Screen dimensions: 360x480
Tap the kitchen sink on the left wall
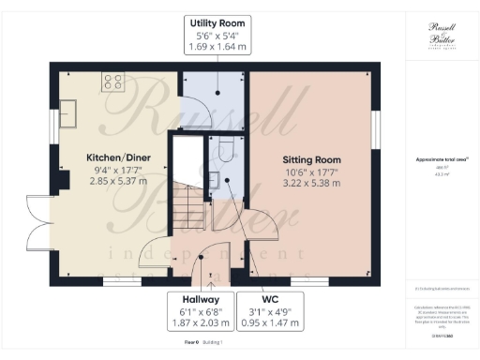pos(67,113)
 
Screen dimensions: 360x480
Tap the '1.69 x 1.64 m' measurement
pos(217,49)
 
